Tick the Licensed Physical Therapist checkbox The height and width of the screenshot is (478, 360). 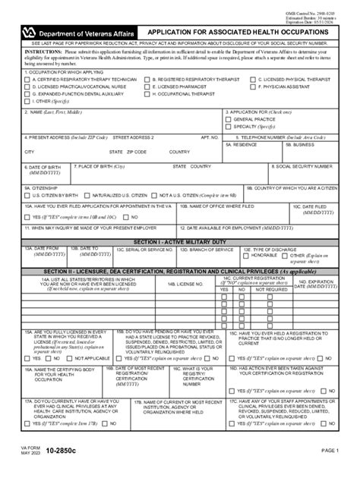click(x=254, y=80)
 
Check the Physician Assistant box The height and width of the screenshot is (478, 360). click(x=254, y=86)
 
